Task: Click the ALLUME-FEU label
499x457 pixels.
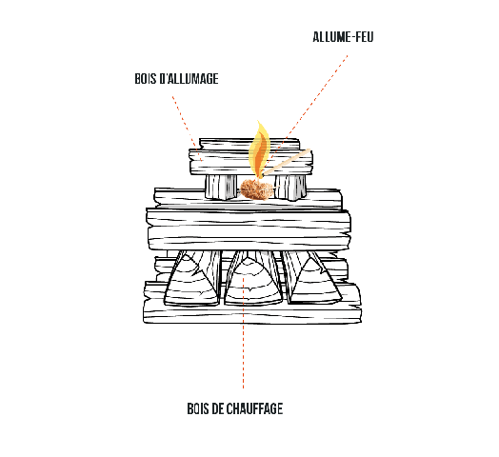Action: pos(343,37)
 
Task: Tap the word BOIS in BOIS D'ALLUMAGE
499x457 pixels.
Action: pos(146,79)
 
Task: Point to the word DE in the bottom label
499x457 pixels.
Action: pos(217,408)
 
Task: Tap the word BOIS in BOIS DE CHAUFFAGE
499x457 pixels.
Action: pos(198,408)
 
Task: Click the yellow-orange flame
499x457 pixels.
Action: pos(259,149)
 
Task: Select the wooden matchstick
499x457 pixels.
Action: pos(286,162)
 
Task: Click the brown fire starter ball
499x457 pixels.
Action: pos(256,189)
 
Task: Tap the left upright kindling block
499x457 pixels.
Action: pos(221,187)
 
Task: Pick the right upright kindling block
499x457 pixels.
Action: pos(290,188)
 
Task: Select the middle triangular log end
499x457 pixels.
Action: pos(253,283)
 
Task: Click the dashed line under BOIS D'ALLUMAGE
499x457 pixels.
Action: pos(187,129)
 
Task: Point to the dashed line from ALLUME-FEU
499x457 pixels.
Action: pos(306,111)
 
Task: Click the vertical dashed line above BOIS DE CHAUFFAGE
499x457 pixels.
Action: pos(244,332)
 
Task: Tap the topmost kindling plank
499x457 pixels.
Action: pos(249,144)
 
